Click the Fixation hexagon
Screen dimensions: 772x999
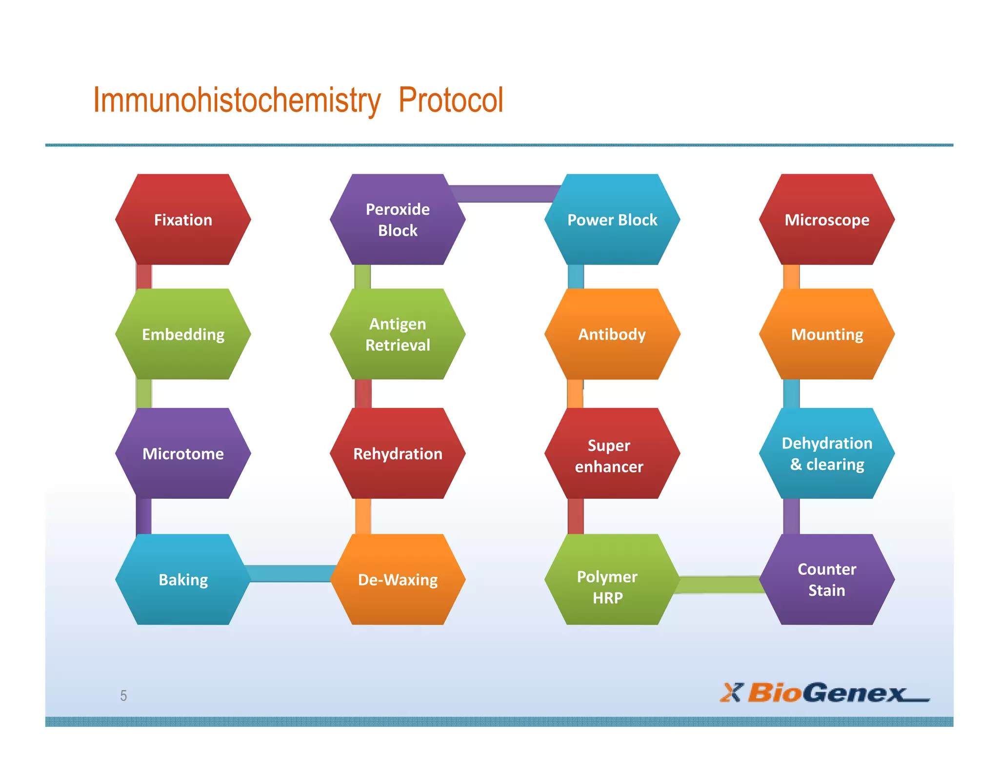(x=183, y=220)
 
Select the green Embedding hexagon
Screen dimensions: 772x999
(x=183, y=334)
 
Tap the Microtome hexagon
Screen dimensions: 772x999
(x=183, y=453)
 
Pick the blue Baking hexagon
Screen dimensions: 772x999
(x=183, y=579)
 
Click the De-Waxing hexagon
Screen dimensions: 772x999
(x=398, y=579)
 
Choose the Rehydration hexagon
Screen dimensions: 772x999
(x=398, y=453)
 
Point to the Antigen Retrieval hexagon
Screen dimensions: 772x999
(x=398, y=334)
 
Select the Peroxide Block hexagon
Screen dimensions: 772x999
(x=398, y=220)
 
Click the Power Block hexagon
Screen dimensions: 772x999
(x=612, y=220)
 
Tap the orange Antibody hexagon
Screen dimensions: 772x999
(x=612, y=334)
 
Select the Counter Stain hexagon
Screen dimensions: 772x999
(x=827, y=579)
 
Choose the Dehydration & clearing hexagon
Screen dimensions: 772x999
(x=827, y=453)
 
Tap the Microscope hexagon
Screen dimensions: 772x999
(x=827, y=220)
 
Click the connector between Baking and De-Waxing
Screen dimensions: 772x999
(x=290, y=573)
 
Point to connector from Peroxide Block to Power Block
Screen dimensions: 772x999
(x=505, y=193)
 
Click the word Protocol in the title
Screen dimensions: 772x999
(x=450, y=101)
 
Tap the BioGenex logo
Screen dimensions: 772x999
(x=824, y=692)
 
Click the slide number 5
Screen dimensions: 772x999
(x=123, y=695)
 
